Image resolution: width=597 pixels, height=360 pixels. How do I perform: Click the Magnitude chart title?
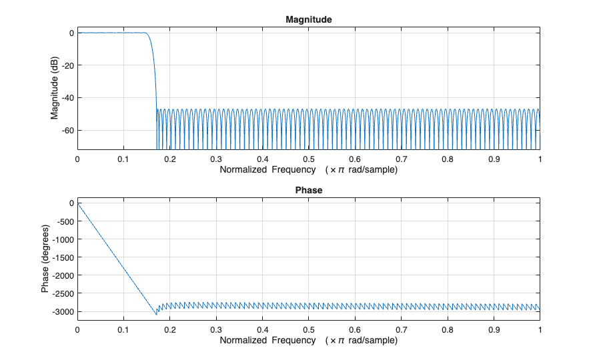coord(308,20)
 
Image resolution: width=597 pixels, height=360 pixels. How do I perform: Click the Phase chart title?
coord(308,190)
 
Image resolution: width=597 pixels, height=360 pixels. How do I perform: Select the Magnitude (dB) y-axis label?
coord(55,91)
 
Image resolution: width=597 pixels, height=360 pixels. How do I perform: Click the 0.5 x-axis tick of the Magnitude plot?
coord(308,160)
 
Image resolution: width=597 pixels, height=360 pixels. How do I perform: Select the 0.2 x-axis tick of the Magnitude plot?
coord(169,160)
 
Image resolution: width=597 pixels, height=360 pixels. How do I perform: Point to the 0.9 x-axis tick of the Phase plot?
coord(494,330)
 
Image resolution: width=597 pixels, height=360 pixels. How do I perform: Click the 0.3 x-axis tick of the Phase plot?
coord(216,330)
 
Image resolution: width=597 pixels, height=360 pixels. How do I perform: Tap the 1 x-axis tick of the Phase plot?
coord(540,330)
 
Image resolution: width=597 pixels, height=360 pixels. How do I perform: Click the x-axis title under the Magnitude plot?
coord(308,170)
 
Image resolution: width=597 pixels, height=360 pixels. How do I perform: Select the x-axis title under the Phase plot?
coord(308,341)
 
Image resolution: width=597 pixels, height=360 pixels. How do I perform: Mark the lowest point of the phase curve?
coord(157,314)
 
